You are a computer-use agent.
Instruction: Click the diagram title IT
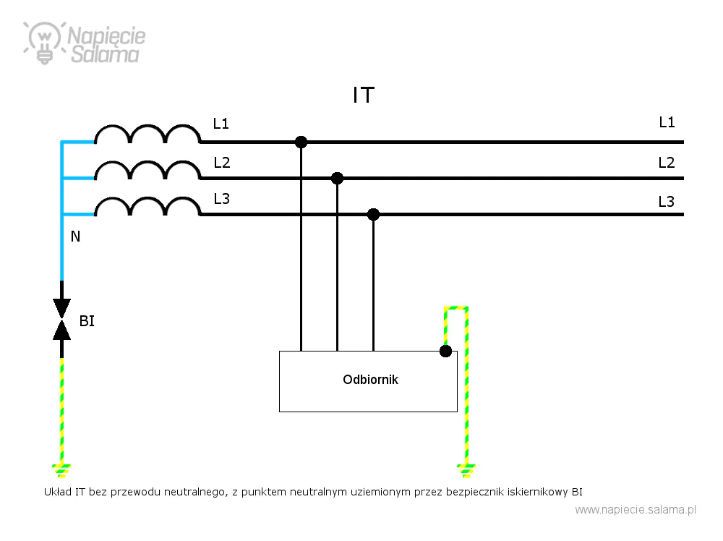coord(364,95)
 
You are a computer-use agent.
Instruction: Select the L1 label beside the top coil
coord(221,124)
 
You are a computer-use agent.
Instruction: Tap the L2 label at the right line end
coord(667,162)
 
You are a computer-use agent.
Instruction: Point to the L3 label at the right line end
coord(667,202)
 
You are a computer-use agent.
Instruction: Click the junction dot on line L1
coord(301,142)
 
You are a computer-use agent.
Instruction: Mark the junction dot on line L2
coord(337,178)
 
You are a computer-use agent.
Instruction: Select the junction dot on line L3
coord(374,215)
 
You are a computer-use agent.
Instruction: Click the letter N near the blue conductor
coord(75,237)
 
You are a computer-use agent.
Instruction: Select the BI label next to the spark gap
coord(87,321)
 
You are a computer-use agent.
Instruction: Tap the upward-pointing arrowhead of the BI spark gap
coord(61,331)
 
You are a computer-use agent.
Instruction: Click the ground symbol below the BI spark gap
coord(61,471)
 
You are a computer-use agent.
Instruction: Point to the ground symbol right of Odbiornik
coord(466,471)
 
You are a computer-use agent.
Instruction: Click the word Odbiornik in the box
coord(370,380)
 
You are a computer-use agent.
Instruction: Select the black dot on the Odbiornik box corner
coord(445,352)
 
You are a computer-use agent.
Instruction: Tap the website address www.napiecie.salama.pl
coord(636,510)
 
